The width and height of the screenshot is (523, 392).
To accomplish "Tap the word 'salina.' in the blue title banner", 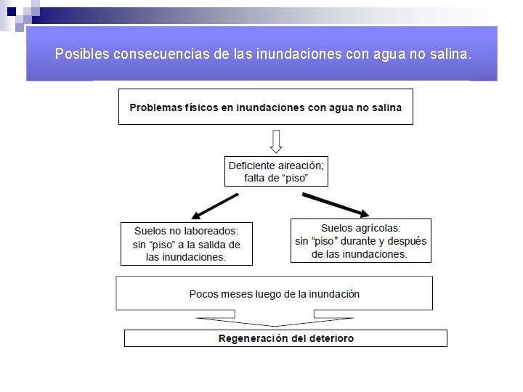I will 451,54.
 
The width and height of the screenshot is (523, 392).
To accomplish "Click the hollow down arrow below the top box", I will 276,141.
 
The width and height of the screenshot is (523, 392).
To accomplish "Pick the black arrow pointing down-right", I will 335,205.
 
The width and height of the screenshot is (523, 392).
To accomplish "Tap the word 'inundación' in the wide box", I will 334,294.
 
